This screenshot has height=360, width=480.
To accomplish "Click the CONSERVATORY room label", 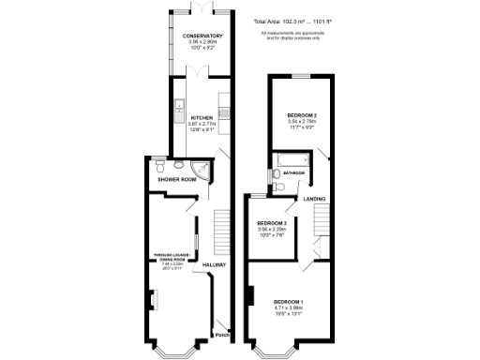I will [202, 36].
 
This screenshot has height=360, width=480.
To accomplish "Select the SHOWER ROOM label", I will [176, 179].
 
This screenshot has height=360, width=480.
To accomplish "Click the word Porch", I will [222, 335].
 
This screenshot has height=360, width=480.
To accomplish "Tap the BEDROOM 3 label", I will [272, 222].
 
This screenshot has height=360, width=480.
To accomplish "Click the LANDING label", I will [313, 199].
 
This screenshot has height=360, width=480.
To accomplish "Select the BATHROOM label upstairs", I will [296, 173].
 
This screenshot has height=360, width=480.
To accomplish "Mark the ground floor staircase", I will [222, 230].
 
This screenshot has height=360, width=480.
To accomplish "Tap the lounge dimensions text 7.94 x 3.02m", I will [178, 265].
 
